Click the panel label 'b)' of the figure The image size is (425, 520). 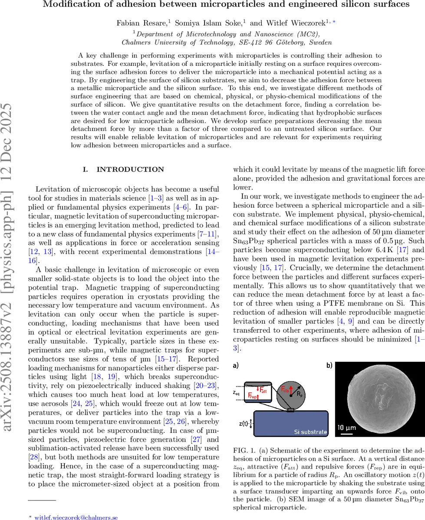pos(330,365)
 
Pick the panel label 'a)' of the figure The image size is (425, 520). pos(237,365)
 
